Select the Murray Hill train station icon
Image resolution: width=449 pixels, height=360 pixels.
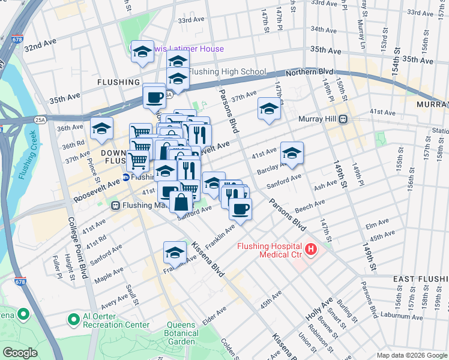tap(344, 119)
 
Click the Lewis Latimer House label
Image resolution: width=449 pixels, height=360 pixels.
tap(186, 49)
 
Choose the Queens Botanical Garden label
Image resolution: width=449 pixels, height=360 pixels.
tap(181, 338)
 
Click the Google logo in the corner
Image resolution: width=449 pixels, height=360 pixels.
tap(20, 353)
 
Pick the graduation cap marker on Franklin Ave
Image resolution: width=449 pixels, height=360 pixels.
tap(175, 252)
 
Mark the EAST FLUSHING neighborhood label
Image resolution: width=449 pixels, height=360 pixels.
tap(420, 280)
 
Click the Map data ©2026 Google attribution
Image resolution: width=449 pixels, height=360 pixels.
tap(411, 355)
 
